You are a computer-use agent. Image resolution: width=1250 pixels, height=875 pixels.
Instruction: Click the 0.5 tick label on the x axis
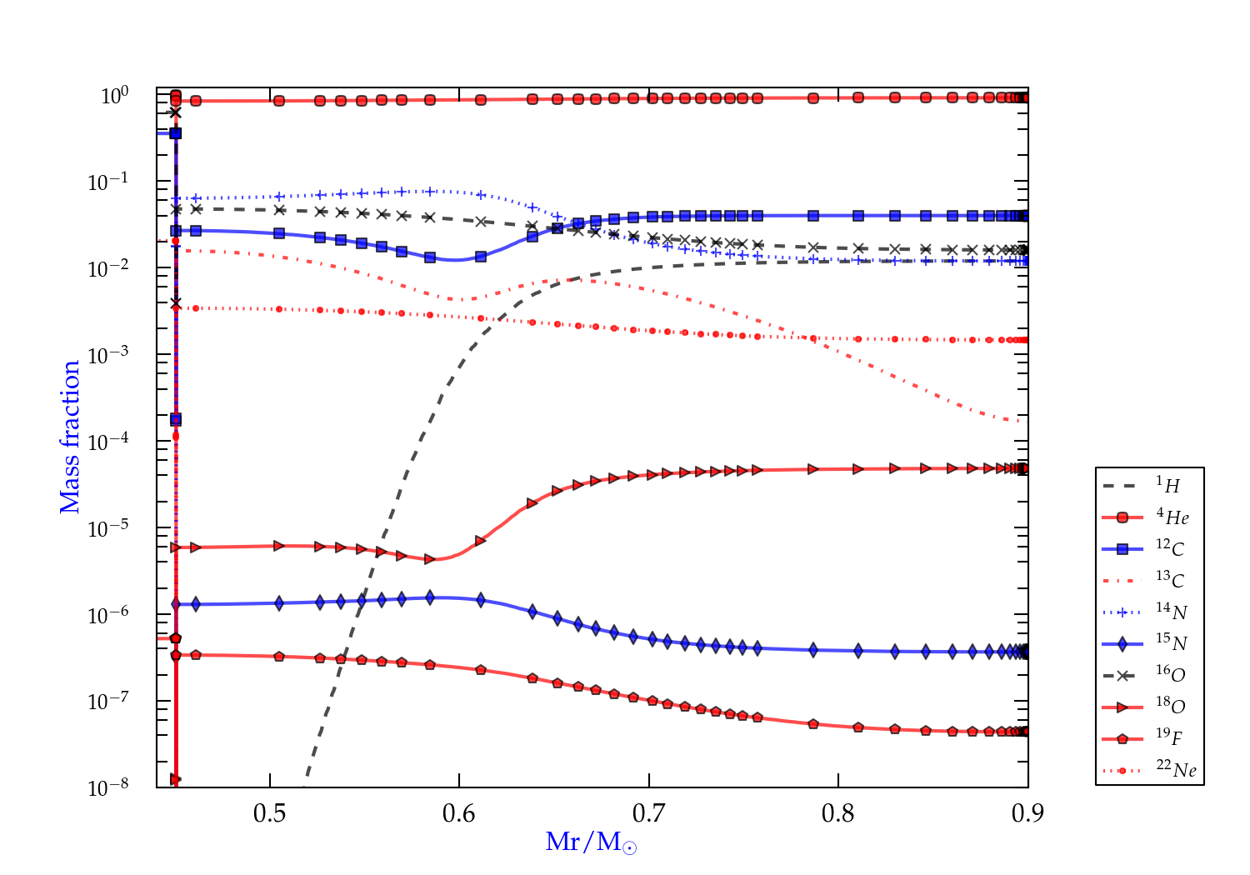click(x=270, y=813)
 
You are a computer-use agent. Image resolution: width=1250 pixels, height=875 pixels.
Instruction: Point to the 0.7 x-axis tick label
click(x=649, y=813)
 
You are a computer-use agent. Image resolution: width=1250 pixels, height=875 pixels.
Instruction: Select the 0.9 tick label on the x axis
click(x=1027, y=813)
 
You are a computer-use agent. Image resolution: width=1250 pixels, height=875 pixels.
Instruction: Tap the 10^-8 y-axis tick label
click(x=108, y=787)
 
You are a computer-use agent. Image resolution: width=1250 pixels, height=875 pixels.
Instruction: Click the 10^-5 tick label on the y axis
click(x=108, y=528)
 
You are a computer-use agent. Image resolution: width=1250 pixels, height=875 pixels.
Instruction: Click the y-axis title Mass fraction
click(x=70, y=437)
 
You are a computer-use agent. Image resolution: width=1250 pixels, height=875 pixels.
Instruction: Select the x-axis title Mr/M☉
click(x=592, y=842)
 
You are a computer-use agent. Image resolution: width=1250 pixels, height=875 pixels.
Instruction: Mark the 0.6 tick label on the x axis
click(x=459, y=813)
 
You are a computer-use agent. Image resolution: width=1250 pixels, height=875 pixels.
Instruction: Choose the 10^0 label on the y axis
click(x=115, y=96)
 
